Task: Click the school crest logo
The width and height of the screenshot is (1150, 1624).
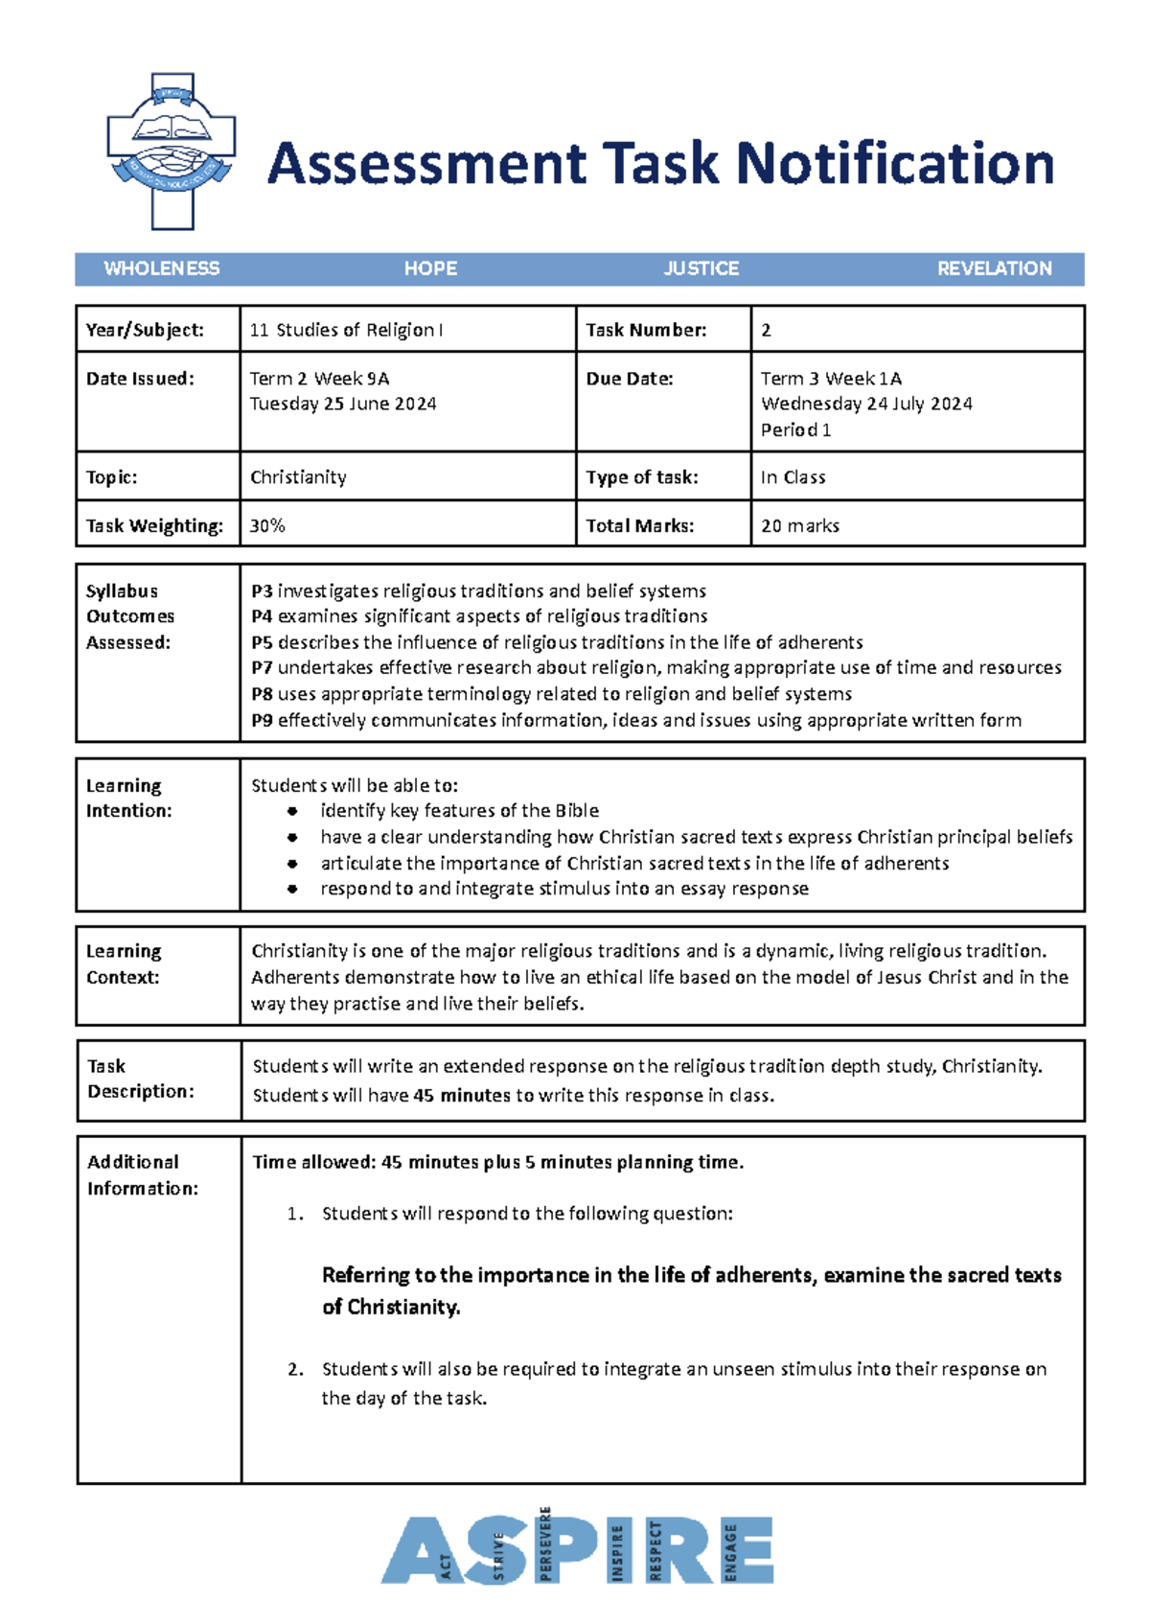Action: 172,151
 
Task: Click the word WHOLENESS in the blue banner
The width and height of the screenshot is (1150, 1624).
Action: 161,268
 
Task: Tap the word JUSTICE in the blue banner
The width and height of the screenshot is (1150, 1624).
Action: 701,268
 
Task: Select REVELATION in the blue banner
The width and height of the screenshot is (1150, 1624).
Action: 994,268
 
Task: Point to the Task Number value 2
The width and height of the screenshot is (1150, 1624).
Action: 766,331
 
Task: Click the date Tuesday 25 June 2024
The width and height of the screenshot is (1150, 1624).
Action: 343,404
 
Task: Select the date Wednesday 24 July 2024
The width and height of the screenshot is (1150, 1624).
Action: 866,404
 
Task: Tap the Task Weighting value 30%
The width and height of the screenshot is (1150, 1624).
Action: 267,525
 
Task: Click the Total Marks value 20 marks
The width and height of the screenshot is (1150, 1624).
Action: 799,525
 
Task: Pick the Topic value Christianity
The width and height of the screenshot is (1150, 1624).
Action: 298,477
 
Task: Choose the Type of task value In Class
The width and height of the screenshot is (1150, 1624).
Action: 793,477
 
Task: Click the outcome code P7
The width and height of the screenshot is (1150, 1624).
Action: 262,668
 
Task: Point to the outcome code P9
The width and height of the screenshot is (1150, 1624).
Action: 262,720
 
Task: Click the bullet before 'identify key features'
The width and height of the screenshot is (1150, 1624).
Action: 292,811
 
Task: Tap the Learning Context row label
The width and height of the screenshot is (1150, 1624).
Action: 124,964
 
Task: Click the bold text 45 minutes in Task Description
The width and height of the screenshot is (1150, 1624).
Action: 461,1095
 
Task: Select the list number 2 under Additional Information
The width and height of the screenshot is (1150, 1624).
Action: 295,1369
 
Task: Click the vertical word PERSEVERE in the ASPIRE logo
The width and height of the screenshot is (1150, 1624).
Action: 545,1544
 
